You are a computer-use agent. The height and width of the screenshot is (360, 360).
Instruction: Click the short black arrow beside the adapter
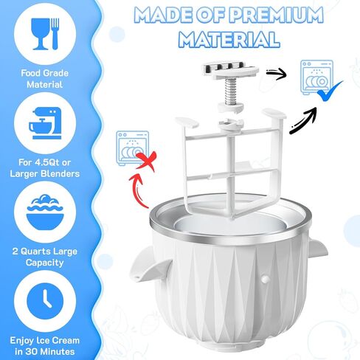[277, 72]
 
